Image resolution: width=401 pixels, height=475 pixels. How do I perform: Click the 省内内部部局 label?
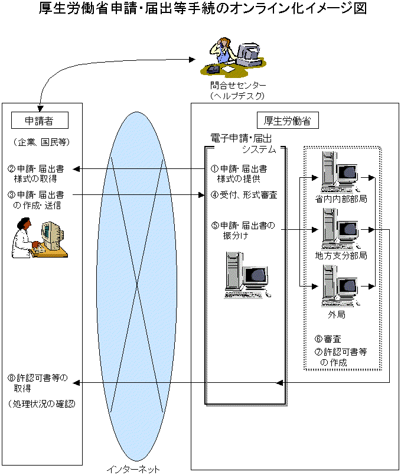point(341,199)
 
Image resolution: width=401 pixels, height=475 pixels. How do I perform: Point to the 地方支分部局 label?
point(341,256)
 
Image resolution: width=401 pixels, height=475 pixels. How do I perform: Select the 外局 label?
point(337,315)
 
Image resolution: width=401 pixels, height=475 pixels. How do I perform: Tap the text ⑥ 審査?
point(328,340)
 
